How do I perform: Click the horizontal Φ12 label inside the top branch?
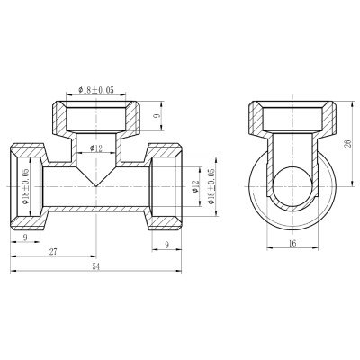click(x=96, y=148)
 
